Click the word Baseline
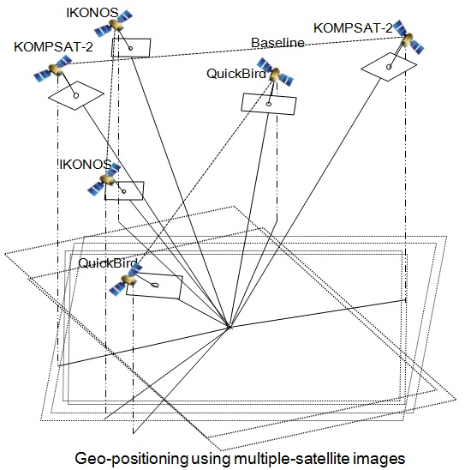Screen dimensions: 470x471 [277, 43]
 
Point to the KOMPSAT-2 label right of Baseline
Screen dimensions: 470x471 [353, 28]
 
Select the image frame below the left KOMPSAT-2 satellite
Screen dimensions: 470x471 [75, 95]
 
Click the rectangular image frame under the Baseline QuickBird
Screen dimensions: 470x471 [269, 102]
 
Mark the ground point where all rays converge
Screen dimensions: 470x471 [229, 327]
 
